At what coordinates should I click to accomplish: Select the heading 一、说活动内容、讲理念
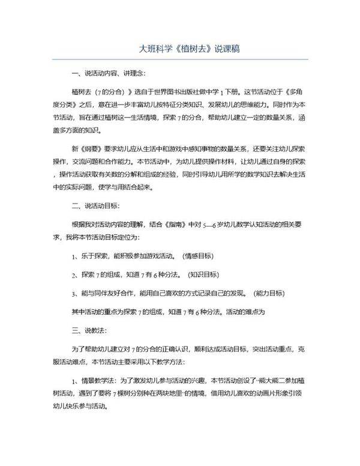click(x=108, y=74)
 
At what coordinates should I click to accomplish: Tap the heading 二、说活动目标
click(x=99, y=207)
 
